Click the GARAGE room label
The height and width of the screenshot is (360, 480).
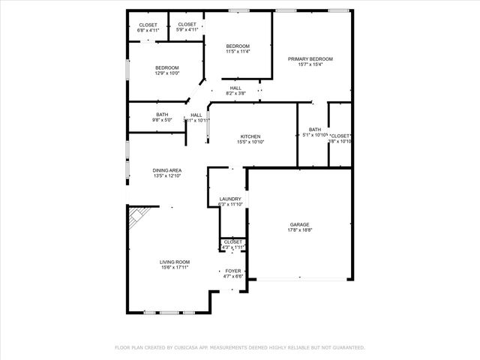(x=300, y=225)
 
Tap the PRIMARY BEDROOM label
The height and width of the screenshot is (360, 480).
(x=310, y=58)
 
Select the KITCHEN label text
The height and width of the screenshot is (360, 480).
(x=250, y=136)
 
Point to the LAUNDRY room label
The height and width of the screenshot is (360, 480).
(x=230, y=199)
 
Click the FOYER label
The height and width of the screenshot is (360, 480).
(x=233, y=270)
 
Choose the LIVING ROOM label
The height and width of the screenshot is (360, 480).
(x=174, y=262)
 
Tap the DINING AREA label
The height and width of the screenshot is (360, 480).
(x=167, y=170)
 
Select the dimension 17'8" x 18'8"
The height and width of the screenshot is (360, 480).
(x=300, y=231)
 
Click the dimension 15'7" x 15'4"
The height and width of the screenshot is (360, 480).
(x=310, y=64)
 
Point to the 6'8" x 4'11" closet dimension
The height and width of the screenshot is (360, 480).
(x=148, y=31)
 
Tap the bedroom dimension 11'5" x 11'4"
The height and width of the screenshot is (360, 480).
(x=238, y=52)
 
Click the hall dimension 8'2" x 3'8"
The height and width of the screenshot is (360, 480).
(x=235, y=94)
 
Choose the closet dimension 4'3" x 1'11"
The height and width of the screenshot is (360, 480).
(x=232, y=247)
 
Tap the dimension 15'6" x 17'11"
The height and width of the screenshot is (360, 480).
(x=174, y=268)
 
